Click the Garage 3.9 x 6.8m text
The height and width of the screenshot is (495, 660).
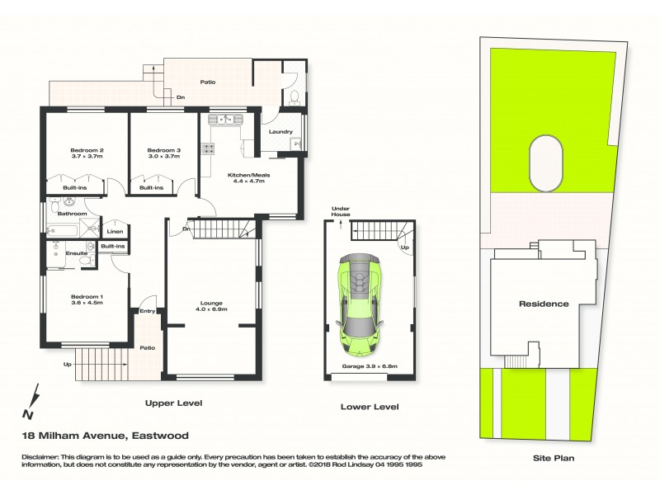click(369, 365)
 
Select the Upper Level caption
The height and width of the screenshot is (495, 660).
click(173, 403)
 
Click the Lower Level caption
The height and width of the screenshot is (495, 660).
click(370, 407)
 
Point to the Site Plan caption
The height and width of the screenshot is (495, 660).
click(553, 458)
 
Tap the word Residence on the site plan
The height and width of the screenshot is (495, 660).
click(544, 304)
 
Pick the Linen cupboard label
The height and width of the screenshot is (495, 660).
click(115, 232)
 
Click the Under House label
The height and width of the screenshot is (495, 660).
click(342, 211)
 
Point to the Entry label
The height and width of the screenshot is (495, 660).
click(147, 311)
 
